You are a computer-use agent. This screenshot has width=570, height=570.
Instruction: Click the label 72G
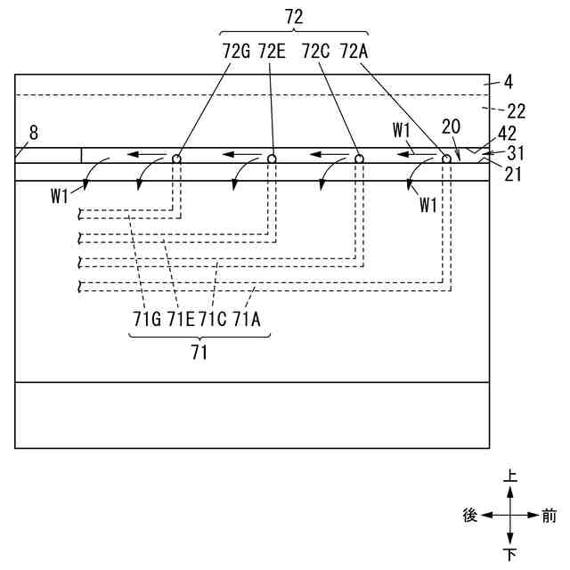click(237, 51)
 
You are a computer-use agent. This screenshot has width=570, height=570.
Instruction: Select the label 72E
click(273, 51)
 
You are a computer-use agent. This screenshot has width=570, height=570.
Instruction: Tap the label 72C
click(316, 51)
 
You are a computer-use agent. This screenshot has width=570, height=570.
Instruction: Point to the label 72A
click(354, 51)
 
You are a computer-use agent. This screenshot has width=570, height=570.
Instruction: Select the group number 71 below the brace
click(199, 353)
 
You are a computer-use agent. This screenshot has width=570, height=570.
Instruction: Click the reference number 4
click(508, 82)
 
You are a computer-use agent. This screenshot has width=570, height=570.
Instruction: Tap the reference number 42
click(508, 134)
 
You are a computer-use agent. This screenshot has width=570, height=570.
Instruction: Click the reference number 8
click(33, 133)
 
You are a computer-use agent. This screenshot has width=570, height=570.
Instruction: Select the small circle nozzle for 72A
click(447, 159)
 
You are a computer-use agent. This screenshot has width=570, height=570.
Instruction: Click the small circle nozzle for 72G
click(177, 159)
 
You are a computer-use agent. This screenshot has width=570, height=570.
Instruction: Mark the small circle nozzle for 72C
click(360, 159)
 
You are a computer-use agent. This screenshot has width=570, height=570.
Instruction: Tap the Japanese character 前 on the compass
click(549, 516)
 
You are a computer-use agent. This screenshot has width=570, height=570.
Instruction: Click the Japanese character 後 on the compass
click(470, 516)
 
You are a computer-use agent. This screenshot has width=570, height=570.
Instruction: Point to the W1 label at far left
click(60, 197)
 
